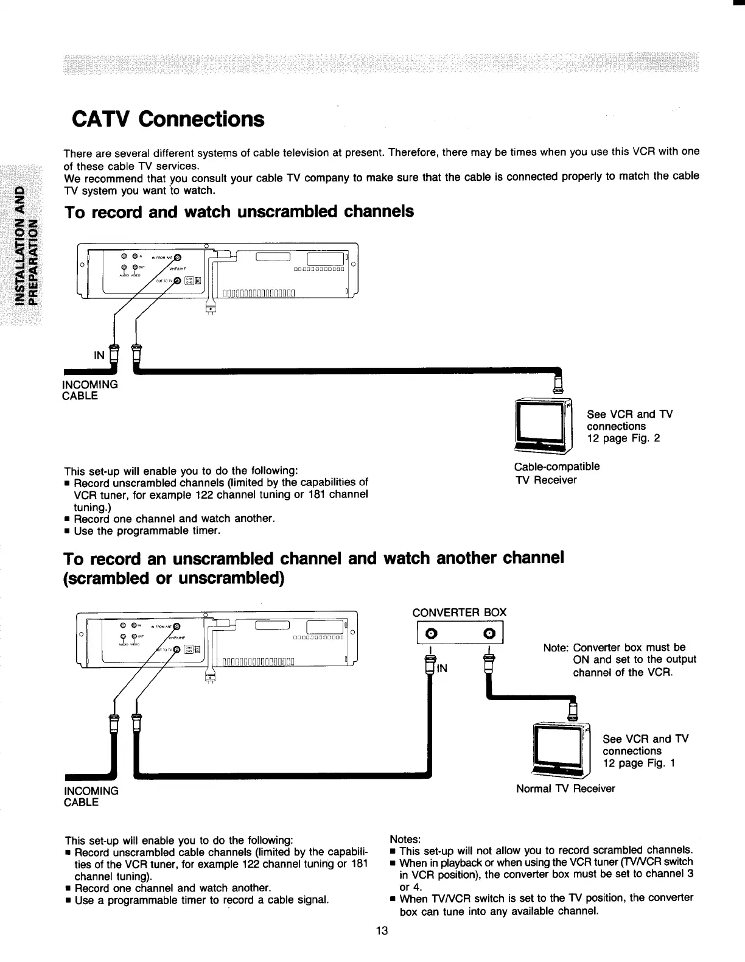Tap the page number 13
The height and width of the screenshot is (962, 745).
pyautogui.click(x=382, y=931)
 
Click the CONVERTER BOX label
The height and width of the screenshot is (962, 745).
pyautogui.click(x=459, y=612)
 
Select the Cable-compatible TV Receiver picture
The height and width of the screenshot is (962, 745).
pyautogui.click(x=544, y=425)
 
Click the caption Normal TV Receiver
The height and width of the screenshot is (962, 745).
pyautogui.click(x=565, y=788)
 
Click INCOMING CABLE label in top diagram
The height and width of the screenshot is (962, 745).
pyautogui.click(x=91, y=390)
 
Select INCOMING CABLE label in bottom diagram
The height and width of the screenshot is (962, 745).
pyautogui.click(x=91, y=796)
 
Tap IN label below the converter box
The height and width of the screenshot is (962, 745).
pyautogui.click(x=442, y=669)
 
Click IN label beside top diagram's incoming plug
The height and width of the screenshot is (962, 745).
pyautogui.click(x=99, y=355)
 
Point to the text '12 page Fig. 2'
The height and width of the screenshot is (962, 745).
pyautogui.click(x=623, y=438)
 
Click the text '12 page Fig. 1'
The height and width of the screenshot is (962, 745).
pyautogui.click(x=639, y=764)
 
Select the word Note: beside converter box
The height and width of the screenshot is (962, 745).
pyautogui.click(x=556, y=648)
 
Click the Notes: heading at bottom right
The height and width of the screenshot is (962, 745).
pyautogui.click(x=405, y=839)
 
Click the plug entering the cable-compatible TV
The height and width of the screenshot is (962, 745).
pyautogui.click(x=559, y=384)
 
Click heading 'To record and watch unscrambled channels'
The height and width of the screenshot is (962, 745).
pyautogui.click(x=239, y=212)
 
